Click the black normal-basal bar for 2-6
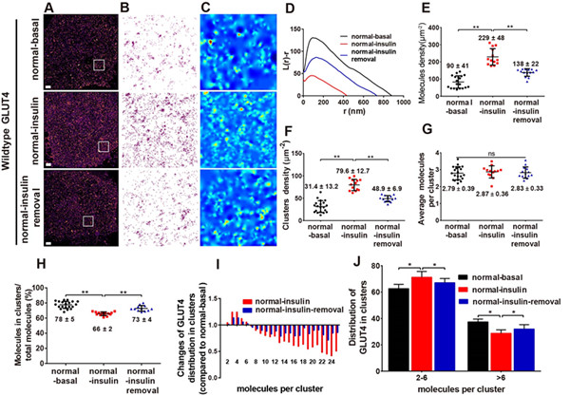[x=403, y=319]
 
